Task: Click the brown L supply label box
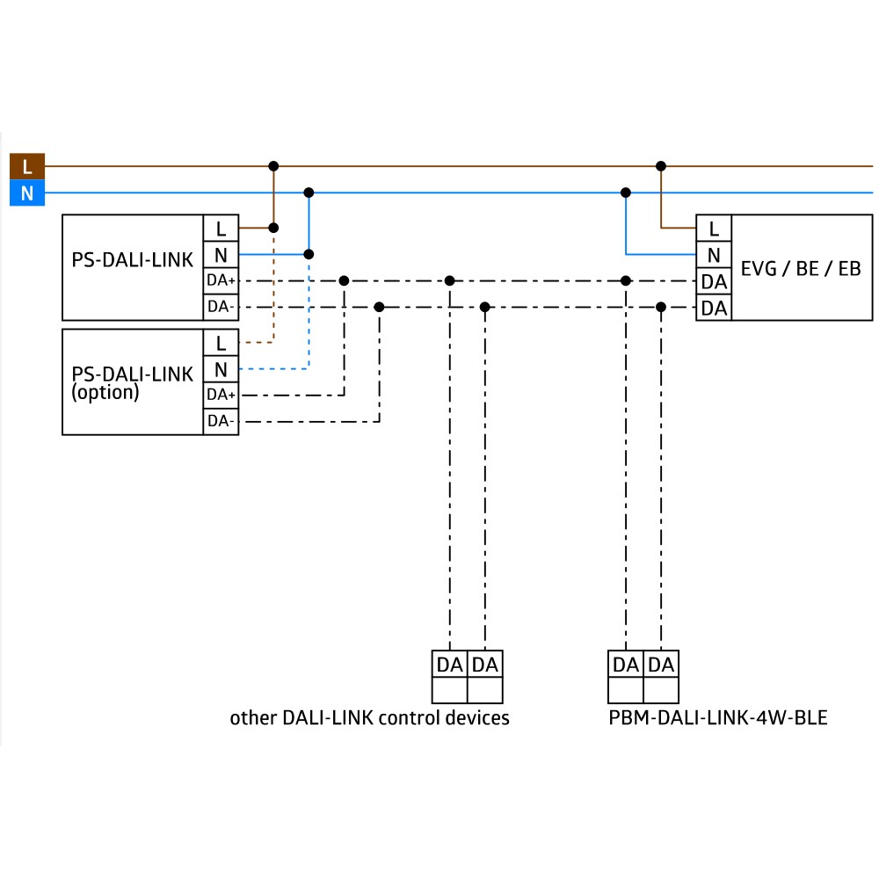[x=27, y=166]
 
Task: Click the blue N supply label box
[x=27, y=193]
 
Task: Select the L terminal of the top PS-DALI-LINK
[x=221, y=229]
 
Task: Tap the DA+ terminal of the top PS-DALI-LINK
[x=221, y=280]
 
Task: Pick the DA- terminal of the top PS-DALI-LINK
[x=221, y=307]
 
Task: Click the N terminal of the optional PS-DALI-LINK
[x=221, y=369]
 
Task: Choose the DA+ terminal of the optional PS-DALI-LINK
[x=221, y=396]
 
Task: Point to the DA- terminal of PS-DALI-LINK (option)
[x=221, y=422]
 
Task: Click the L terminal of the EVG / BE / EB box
[x=714, y=229]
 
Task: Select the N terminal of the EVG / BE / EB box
[x=714, y=255]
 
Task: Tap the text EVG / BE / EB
[x=801, y=268]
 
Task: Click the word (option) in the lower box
[x=105, y=392]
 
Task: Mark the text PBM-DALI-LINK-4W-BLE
[x=718, y=717]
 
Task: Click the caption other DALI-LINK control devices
[x=369, y=717]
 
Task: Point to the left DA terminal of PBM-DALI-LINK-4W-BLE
[x=626, y=665]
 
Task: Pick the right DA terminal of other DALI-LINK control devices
[x=485, y=665]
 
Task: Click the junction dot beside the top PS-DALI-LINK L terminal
[x=273, y=228]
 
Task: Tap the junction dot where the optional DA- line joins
[x=380, y=307]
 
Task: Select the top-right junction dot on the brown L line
[x=661, y=166]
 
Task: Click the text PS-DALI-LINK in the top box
[x=133, y=259]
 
